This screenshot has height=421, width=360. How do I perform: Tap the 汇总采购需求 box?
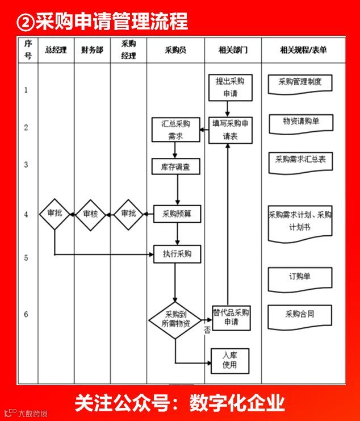[x=175, y=130]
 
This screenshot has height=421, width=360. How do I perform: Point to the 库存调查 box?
[x=175, y=166]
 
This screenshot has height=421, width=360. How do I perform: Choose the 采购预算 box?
[x=178, y=214]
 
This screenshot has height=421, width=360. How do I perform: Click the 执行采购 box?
[x=177, y=254]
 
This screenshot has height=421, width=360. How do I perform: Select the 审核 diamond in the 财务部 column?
[x=90, y=214]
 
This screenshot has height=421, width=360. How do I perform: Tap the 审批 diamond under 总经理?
[x=54, y=214]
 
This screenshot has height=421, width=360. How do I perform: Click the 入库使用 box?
[x=230, y=360]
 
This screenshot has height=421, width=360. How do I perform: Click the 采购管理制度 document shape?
[x=300, y=83]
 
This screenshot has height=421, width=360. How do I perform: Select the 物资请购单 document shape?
[x=300, y=122]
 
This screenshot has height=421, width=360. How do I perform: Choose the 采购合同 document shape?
[x=300, y=314]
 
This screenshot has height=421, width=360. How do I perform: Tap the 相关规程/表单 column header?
[x=303, y=50]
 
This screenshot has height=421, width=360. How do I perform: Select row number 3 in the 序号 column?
[x=26, y=165]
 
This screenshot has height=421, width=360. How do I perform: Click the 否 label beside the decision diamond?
[x=207, y=329]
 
